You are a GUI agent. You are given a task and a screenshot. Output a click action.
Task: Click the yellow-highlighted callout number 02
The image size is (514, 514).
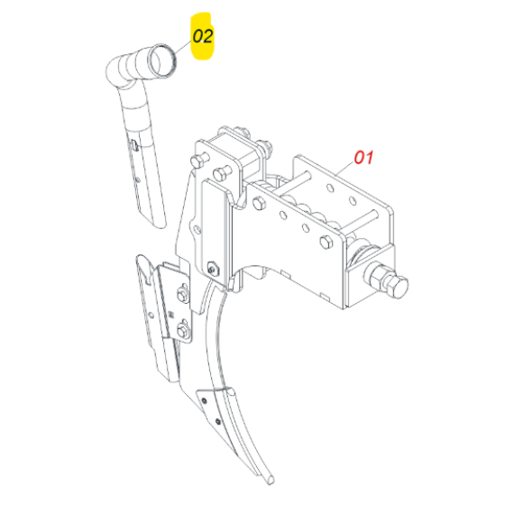point(203,36)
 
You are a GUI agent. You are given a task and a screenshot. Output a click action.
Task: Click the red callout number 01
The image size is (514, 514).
point(364,157)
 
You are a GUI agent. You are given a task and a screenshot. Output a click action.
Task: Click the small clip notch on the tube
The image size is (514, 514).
point(134,144)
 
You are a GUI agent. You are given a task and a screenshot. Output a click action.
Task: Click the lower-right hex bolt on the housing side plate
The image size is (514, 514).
point(326,243)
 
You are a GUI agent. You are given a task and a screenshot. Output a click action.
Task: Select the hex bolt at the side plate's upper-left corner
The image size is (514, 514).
point(259,204)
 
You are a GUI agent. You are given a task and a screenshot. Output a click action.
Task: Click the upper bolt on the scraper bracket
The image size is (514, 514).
point(182,294)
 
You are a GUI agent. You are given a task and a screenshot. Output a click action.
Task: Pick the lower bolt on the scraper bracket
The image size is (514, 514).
point(182,329)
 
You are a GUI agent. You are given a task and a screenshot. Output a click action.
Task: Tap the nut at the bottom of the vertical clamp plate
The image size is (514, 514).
point(213,269)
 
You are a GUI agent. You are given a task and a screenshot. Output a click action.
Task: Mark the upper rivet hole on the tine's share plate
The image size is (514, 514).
point(204,400)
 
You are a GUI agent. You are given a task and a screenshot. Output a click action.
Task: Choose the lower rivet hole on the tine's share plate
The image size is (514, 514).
point(218,421)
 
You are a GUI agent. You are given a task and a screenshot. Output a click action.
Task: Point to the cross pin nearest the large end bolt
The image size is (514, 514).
point(363,221)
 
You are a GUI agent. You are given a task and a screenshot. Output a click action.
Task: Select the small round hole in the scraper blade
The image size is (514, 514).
point(151,316)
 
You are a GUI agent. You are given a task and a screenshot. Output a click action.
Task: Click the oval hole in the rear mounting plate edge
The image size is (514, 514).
point(197,229)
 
